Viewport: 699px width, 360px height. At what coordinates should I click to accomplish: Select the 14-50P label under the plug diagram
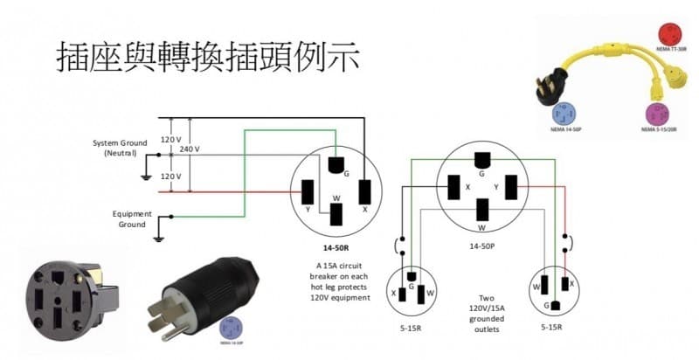click(481, 246)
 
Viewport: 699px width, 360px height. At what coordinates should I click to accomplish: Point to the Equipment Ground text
click(132, 218)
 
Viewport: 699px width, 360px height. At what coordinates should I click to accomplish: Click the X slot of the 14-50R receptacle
click(365, 190)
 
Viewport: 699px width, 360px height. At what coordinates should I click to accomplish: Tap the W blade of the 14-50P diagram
click(481, 209)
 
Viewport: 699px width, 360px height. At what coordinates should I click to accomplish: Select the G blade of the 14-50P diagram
click(481, 161)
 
